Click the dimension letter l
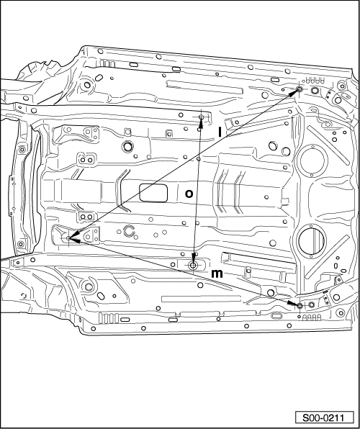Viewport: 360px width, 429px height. click(x=220, y=132)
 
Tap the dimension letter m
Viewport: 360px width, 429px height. click(x=217, y=274)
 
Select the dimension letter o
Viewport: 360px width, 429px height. click(x=189, y=194)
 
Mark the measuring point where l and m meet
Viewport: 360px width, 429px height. click(x=68, y=238)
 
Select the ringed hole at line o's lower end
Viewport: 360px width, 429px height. click(x=193, y=265)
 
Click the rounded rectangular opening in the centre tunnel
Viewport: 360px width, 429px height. click(x=153, y=193)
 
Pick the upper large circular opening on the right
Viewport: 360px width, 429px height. click(x=312, y=161)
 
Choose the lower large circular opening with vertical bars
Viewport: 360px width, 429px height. click(x=312, y=241)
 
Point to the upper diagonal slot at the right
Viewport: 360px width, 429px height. click(x=328, y=145)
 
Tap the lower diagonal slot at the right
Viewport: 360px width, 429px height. click(x=327, y=256)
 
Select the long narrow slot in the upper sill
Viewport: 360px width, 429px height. click(x=204, y=87)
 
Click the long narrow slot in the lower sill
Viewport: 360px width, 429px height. click(x=201, y=299)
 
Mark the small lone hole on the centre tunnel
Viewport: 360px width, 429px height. click(x=266, y=197)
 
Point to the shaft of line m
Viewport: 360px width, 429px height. click(x=184, y=271)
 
